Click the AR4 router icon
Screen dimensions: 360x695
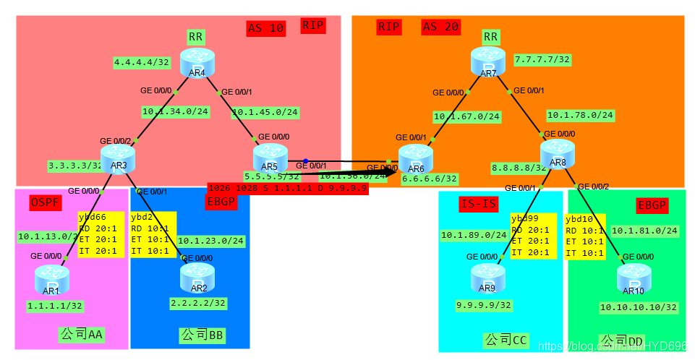click(197, 60)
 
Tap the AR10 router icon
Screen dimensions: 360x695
click(634, 280)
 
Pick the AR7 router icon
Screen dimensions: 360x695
click(489, 59)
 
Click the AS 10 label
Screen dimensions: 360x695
click(265, 28)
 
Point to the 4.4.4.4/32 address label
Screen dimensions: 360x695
click(142, 63)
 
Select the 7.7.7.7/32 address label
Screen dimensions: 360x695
click(542, 59)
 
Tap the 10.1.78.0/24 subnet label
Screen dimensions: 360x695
click(580, 115)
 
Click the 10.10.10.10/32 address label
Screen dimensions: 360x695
click(638, 307)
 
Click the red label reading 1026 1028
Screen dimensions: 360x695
click(288, 188)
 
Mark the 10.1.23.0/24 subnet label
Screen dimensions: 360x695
click(210, 241)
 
